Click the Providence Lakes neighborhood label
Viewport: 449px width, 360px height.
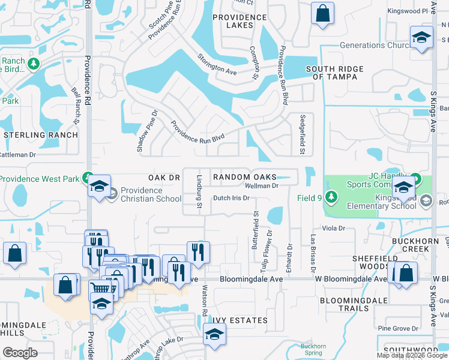click(246, 22)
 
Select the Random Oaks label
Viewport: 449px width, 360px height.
click(245, 177)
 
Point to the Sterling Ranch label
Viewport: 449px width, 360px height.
click(41, 135)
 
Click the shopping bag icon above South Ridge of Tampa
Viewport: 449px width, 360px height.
click(322, 13)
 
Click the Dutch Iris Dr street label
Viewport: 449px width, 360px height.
click(231, 198)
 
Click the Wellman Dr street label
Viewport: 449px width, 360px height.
click(264, 186)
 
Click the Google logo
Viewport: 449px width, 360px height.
click(20, 353)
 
